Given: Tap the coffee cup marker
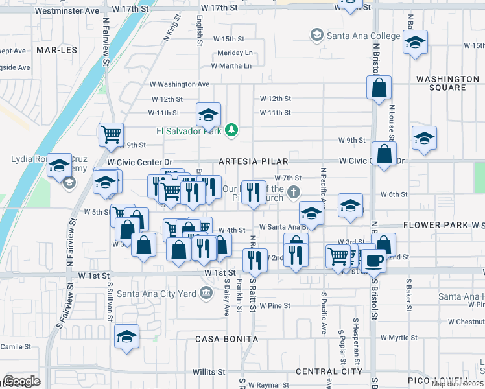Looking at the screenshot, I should [373, 261].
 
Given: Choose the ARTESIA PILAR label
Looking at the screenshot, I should [253, 161].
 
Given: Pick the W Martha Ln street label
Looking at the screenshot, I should [231, 65].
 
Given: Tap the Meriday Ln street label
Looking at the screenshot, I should [235, 53].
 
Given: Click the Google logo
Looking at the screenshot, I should [21, 381].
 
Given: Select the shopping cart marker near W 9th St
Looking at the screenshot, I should [111, 134].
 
